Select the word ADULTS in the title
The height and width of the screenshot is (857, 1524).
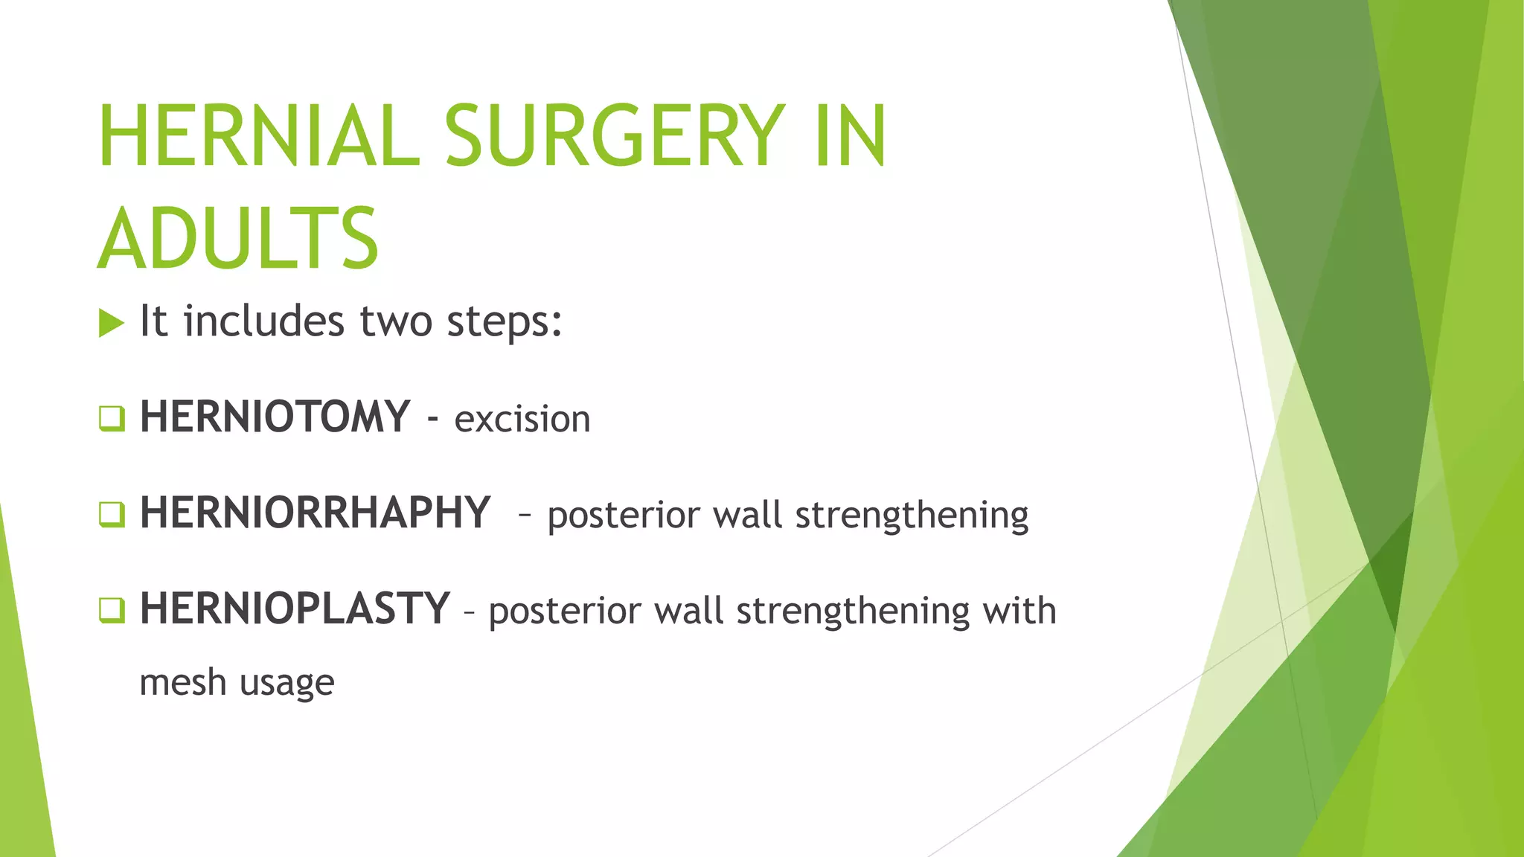point(238,240)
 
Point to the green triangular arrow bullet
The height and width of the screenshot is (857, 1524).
point(111,323)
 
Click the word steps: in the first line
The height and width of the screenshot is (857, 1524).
point(504,322)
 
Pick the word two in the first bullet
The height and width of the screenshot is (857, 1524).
point(396,322)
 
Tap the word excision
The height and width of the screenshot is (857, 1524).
point(522,419)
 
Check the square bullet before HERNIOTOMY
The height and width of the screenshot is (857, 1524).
point(112,418)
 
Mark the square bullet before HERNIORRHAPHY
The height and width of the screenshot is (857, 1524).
point(112,514)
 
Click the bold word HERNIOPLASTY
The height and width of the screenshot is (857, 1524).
point(295,609)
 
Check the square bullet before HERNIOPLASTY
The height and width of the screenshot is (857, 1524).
point(112,610)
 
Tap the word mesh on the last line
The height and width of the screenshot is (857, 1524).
point(182,682)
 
